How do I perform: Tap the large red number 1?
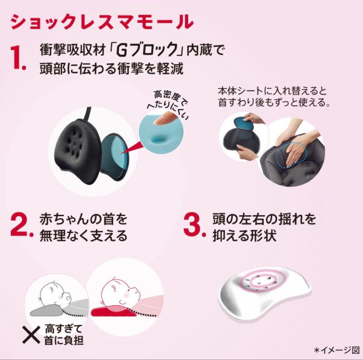coord(18,59)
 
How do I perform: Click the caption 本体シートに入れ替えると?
coord(272,91)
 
